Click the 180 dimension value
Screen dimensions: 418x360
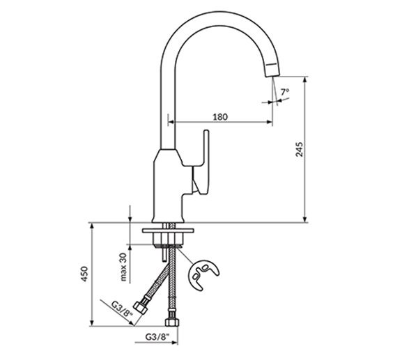[220, 117]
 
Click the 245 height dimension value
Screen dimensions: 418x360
[300, 149]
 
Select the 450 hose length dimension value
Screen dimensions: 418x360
[84, 274]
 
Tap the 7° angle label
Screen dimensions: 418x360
[285, 92]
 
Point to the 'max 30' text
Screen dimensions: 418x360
[123, 267]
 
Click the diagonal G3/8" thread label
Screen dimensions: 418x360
[122, 309]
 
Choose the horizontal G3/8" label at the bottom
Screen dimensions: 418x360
[158, 336]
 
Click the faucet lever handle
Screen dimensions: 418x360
[201, 162]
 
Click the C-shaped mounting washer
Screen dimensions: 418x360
[203, 274]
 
